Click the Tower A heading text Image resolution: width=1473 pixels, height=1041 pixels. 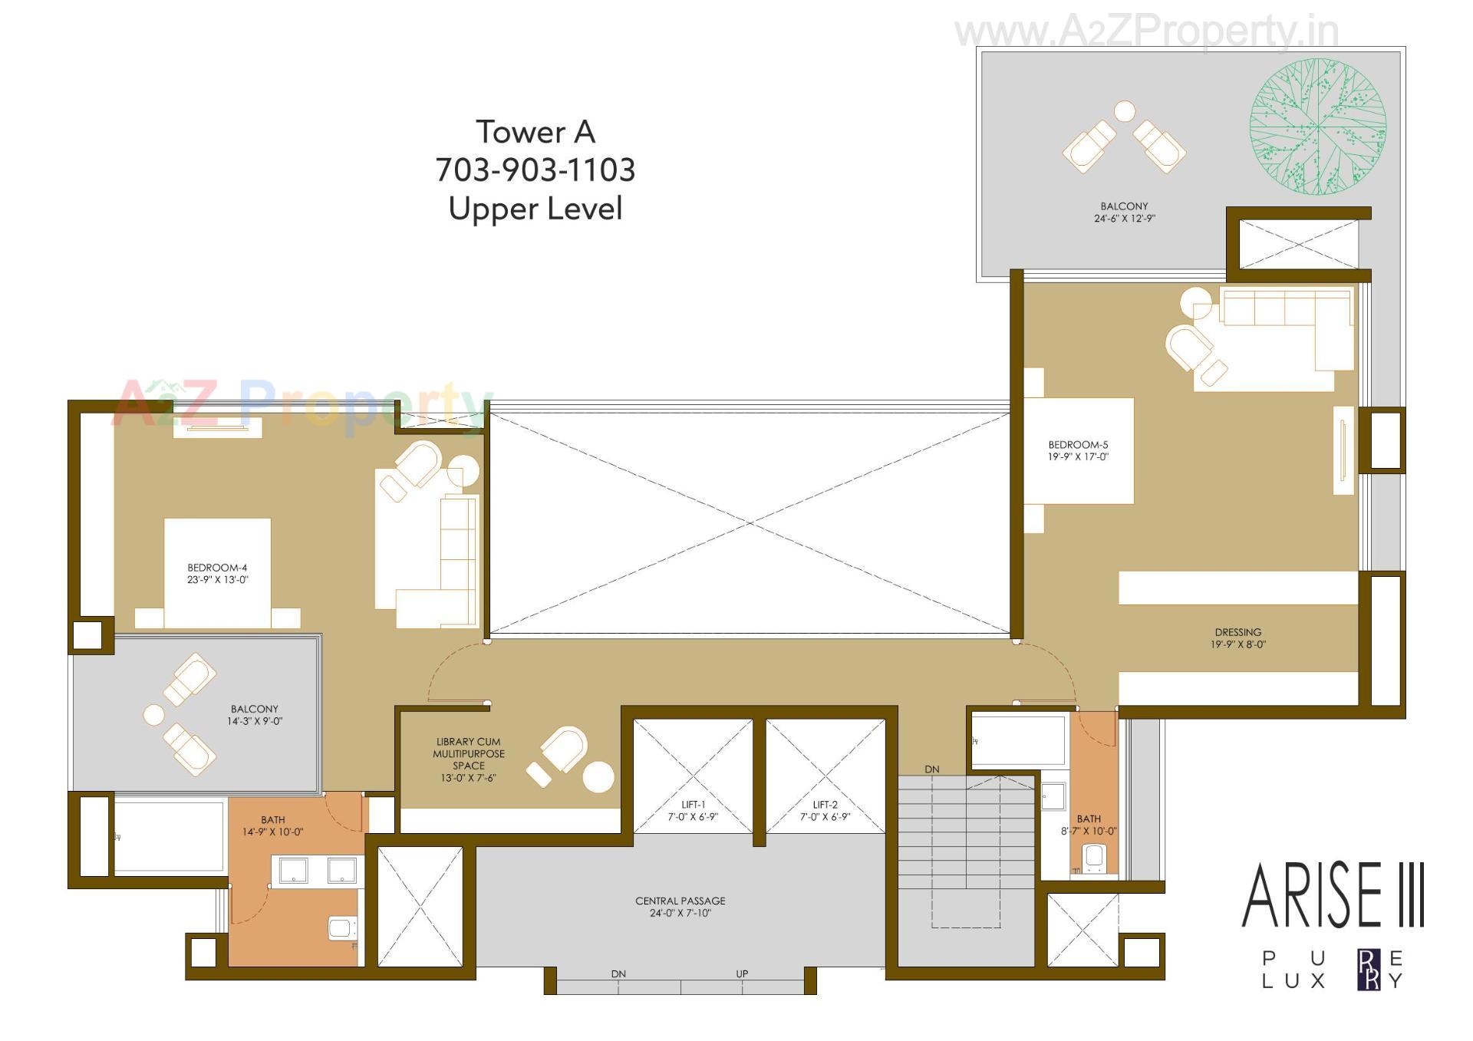point(535,132)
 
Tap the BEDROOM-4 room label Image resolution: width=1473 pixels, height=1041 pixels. point(217,568)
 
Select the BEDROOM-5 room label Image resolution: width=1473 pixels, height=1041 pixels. point(1078,445)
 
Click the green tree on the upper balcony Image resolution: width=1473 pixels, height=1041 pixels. point(1317,127)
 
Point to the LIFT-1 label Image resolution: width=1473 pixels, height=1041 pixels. point(693,805)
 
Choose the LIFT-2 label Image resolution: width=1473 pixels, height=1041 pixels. point(825,805)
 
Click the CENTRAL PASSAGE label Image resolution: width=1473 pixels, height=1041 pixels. point(680,901)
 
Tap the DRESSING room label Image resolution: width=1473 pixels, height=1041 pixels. point(1237,633)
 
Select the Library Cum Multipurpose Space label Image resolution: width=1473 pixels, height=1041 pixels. point(468,753)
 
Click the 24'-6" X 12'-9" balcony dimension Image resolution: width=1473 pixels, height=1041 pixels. point(1124,219)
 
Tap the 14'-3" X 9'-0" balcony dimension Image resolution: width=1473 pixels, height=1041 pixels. point(255,722)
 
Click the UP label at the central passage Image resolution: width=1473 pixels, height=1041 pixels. point(742,974)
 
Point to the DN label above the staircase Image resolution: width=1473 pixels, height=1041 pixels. point(931,769)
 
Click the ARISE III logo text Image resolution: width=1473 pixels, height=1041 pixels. point(1333,896)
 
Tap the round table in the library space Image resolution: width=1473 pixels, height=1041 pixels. point(598,777)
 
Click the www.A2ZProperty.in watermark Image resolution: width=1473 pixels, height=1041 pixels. point(1146,32)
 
